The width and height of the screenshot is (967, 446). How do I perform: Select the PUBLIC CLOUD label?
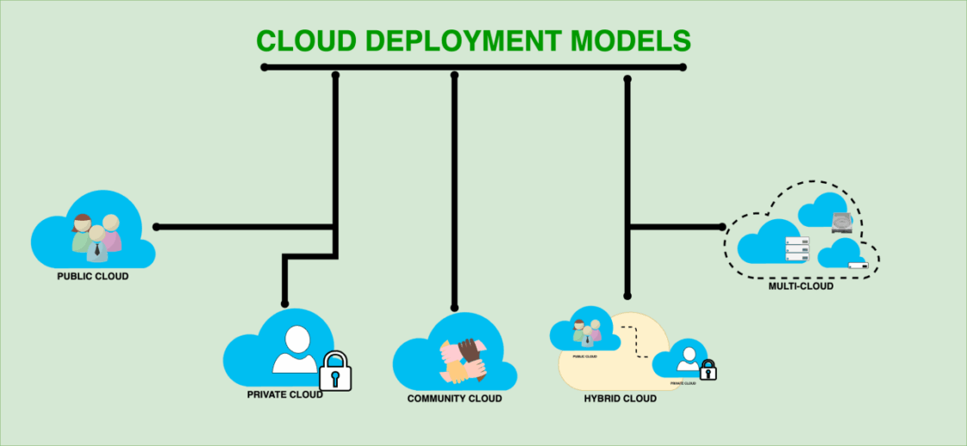coord(93,276)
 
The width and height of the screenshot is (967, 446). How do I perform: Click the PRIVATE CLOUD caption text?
coord(285,394)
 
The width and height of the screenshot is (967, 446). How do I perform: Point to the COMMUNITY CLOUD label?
coord(454,399)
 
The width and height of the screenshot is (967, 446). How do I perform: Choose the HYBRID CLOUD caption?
coord(620,399)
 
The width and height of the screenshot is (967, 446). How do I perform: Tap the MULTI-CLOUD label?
coord(801,286)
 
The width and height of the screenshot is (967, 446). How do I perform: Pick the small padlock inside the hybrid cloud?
coord(708,370)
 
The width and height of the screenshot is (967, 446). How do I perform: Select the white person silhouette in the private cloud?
coord(295,350)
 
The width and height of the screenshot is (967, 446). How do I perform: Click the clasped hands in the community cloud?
coord(464,359)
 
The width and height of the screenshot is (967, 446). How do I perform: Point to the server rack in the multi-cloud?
coord(797,248)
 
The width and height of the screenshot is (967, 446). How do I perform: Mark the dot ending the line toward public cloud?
coord(156,227)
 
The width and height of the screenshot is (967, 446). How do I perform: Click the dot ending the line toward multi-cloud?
coord(722,227)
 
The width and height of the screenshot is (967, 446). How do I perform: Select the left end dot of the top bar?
coord(265,67)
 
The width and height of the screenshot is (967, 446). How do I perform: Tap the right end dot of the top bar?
coord(683,67)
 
